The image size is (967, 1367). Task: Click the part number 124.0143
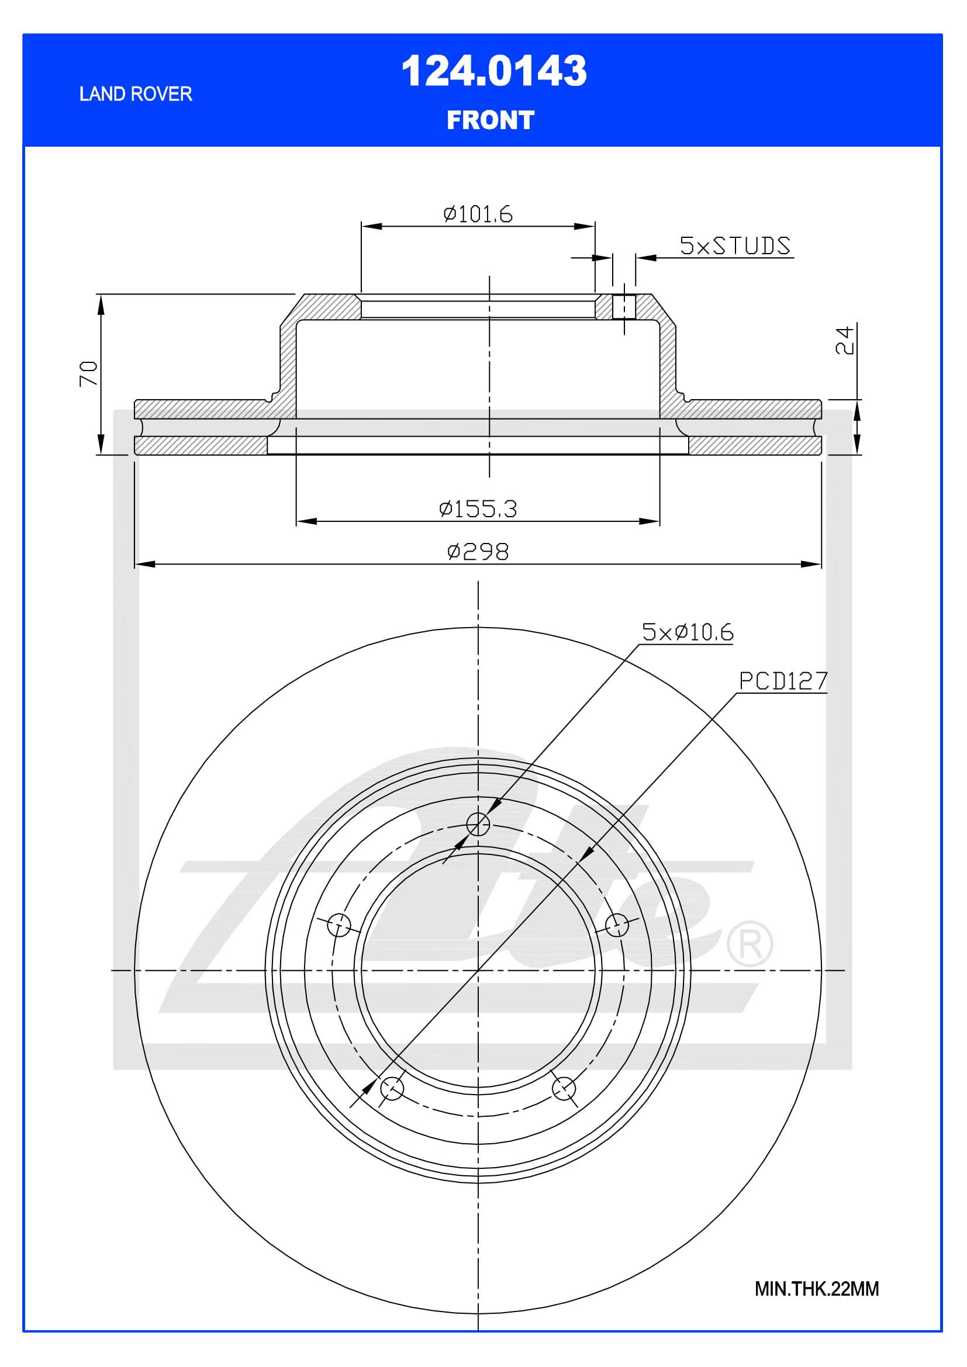(493, 71)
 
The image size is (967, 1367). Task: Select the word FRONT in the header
(490, 120)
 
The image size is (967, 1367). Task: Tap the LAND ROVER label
(136, 94)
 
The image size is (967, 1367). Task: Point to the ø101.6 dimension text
(478, 214)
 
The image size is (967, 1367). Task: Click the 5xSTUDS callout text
(735, 246)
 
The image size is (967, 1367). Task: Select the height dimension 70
(88, 373)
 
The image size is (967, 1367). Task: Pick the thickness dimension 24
(844, 340)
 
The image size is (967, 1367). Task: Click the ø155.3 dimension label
(478, 508)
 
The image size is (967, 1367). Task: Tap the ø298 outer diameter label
(478, 551)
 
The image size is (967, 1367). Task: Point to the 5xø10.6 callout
(687, 632)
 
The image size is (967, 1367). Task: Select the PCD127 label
(782, 681)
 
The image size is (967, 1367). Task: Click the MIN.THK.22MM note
(816, 1289)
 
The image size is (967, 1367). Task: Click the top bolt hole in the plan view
(478, 824)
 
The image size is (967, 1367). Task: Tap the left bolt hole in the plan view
(339, 925)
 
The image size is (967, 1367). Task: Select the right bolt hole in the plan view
(616, 925)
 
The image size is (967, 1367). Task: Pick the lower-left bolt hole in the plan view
(392, 1088)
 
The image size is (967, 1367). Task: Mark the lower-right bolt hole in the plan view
(563, 1088)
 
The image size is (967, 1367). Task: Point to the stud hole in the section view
(623, 307)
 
